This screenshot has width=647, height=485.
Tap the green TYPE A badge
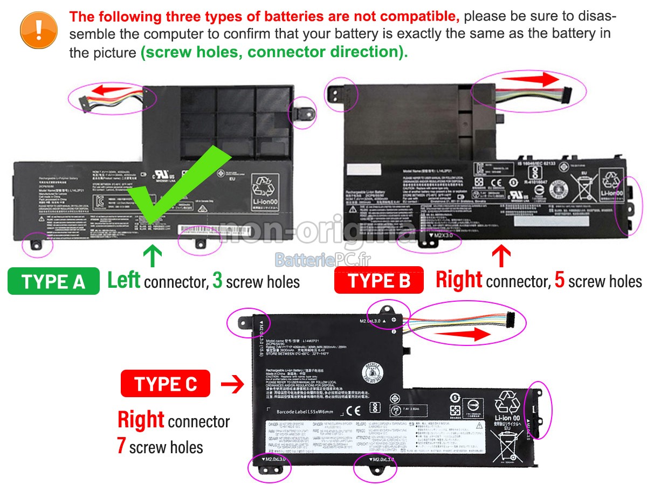pyautogui.click(x=53, y=281)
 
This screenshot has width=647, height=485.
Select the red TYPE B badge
pyautogui.click(x=379, y=280)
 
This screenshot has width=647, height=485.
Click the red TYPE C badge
pyautogui.click(x=166, y=384)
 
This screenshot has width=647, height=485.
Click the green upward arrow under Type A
pyautogui.click(x=153, y=256)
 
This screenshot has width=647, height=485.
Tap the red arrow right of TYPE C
pyautogui.click(x=232, y=384)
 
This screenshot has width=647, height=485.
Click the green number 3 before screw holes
pyautogui.click(x=217, y=280)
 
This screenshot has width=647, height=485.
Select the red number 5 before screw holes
pyautogui.click(x=560, y=280)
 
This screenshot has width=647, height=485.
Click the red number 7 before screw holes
pyautogui.click(x=122, y=446)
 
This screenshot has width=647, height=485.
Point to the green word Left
pyautogui.click(x=124, y=280)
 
